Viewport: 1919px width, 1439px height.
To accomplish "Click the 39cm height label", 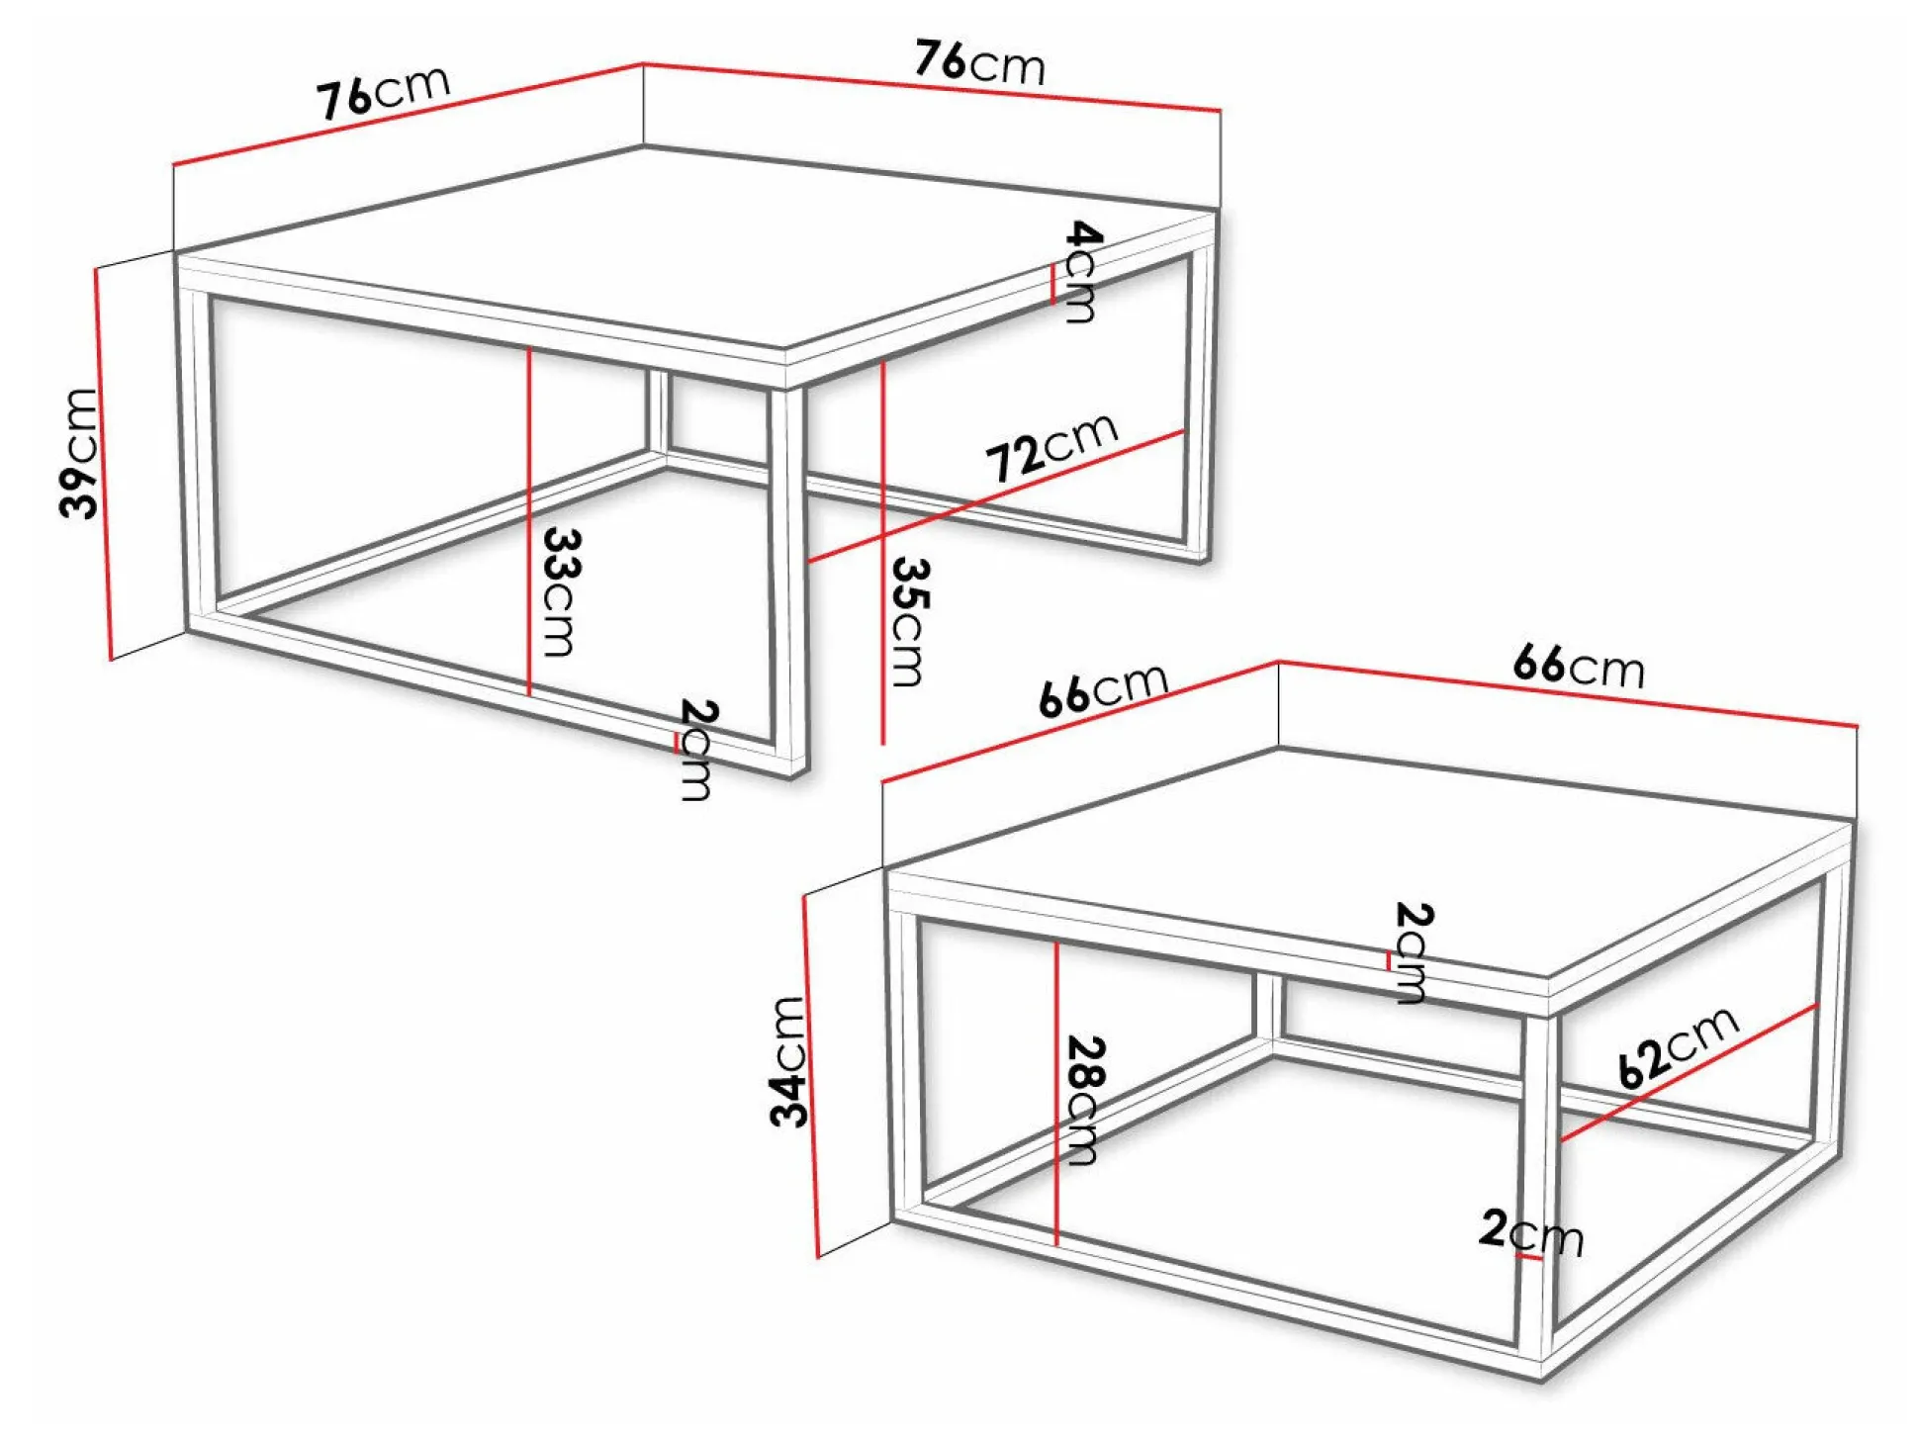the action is (79, 453).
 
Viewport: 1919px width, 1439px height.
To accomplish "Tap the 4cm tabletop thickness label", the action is (1081, 272).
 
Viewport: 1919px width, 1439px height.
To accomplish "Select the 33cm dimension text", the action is (561, 592).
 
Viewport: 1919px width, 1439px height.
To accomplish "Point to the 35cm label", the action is (909, 621).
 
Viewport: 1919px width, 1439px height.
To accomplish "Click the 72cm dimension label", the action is (1052, 446).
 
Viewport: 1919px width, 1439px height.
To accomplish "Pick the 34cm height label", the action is (787, 1061).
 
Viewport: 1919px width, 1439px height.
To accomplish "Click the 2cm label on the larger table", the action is (696, 750).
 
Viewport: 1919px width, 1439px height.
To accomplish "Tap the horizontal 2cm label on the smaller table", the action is (1531, 1232).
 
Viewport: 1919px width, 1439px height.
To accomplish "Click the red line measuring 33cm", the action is (529, 521).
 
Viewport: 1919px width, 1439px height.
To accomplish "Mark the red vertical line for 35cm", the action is (882, 553).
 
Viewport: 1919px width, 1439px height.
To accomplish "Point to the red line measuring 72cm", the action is (996, 495).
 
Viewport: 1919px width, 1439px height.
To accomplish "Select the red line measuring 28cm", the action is (1056, 1093).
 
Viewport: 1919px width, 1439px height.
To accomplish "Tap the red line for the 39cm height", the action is (103, 463).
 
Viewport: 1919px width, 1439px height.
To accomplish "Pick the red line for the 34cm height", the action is (811, 1076).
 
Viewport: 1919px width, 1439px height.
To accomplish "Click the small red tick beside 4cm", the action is (1052, 284).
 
